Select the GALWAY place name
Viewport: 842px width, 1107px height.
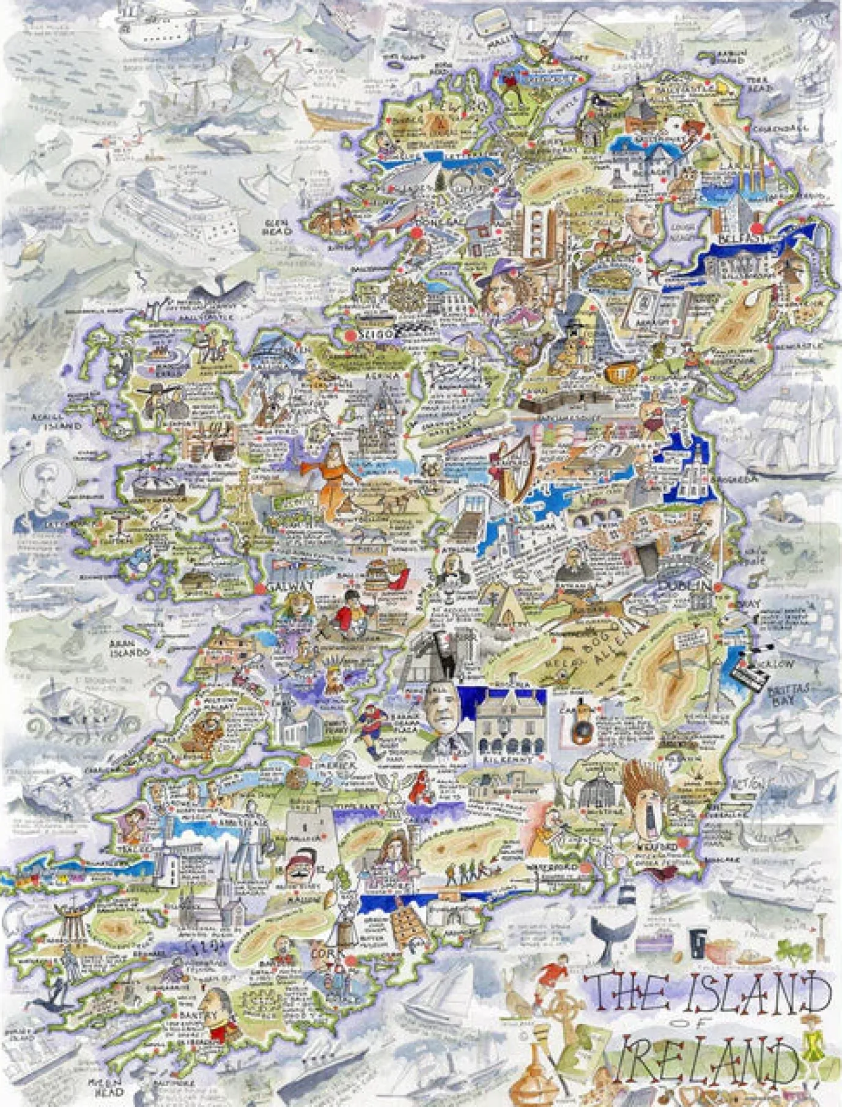293,585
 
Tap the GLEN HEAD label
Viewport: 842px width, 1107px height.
276,227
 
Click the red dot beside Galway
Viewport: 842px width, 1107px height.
260,588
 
